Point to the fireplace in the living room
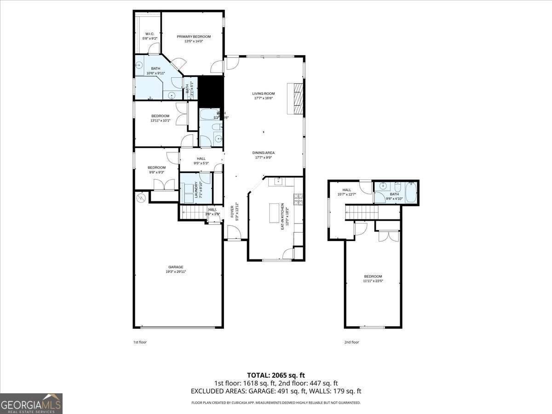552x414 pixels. (296, 98)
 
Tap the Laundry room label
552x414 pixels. (195, 190)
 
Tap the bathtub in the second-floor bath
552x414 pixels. (410, 192)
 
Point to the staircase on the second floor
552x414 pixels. (362, 212)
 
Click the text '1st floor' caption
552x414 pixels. (140, 342)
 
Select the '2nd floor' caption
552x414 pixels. (351, 342)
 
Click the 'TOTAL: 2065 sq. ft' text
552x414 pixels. (276, 375)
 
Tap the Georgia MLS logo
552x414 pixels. (31, 403)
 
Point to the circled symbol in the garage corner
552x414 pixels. (141, 198)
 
